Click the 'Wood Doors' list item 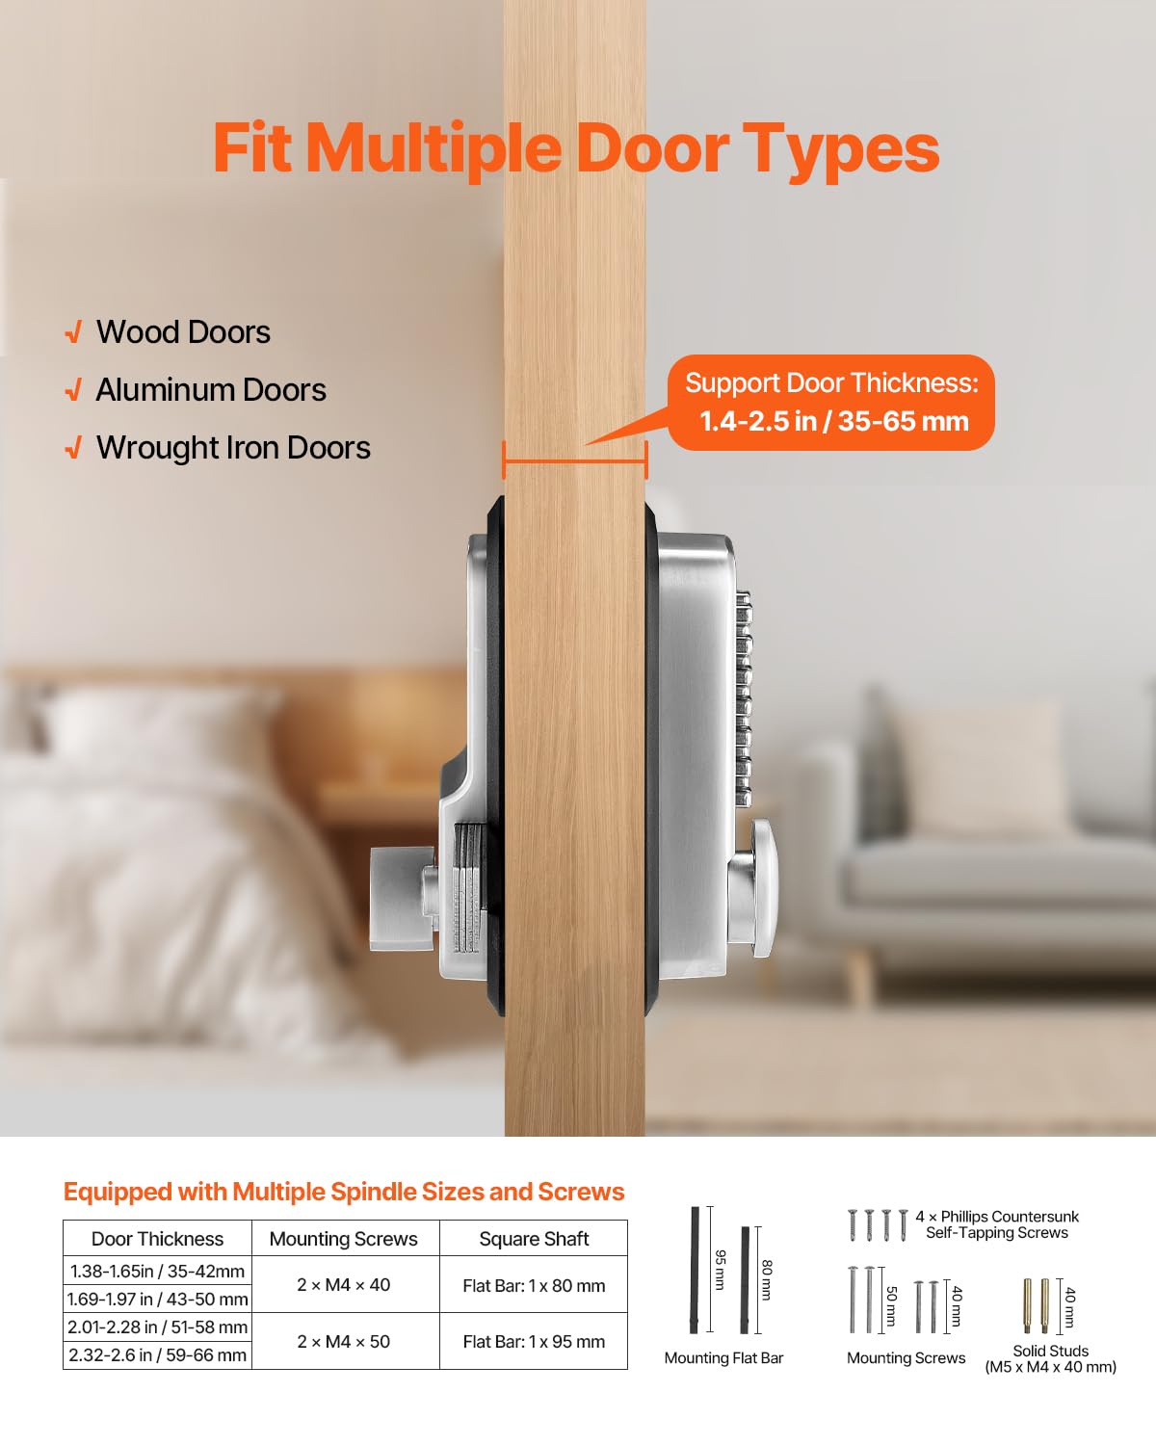(183, 332)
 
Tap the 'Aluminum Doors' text (211, 390)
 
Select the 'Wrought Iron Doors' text (233, 448)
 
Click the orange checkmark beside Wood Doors (73, 333)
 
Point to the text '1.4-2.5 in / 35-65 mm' (834, 421)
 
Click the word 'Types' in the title (841, 149)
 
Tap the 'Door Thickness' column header (157, 1239)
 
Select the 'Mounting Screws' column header (344, 1239)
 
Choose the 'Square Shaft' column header (534, 1239)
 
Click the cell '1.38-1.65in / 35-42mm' (157, 1271)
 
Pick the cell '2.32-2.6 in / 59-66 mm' (157, 1354)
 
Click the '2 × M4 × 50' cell (344, 1341)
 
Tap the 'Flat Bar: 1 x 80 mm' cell (534, 1285)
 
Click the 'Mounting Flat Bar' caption (723, 1358)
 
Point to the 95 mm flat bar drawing (694, 1269)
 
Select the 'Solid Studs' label (1050, 1351)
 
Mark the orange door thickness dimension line (575, 461)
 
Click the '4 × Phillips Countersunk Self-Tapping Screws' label (997, 1224)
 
